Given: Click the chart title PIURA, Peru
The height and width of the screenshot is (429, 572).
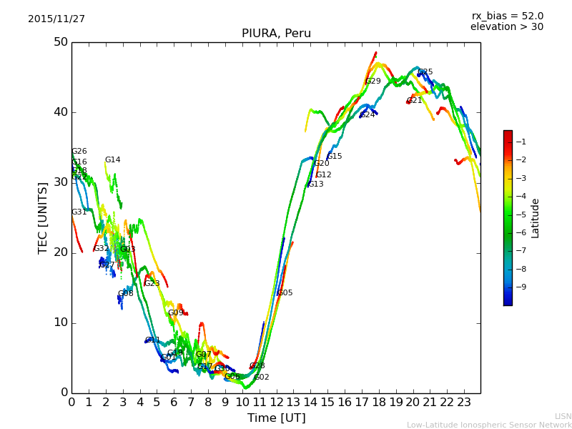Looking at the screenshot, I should (276, 34).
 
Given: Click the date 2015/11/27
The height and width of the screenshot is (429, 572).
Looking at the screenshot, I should (56, 19).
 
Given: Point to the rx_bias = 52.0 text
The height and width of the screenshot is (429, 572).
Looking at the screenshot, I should (507, 16).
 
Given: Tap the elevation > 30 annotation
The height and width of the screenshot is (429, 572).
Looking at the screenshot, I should (506, 27).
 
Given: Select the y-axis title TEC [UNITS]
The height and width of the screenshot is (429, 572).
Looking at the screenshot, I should (43, 217).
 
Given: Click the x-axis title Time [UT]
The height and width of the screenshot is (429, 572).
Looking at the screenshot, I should (276, 418).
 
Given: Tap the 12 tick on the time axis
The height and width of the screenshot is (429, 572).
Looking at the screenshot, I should (276, 402).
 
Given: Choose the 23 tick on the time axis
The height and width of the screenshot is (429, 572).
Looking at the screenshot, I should (464, 402).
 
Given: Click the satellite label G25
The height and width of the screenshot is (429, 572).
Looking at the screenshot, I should (425, 72).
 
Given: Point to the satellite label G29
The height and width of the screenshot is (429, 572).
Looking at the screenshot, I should (373, 82).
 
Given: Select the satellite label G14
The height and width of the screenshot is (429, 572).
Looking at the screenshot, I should (113, 160).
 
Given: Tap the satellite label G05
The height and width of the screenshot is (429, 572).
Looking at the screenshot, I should (285, 293).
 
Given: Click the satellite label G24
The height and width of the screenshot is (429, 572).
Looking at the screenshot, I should (368, 115).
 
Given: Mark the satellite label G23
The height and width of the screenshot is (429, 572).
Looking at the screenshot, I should (152, 284).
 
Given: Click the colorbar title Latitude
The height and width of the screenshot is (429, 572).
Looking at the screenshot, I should (536, 217).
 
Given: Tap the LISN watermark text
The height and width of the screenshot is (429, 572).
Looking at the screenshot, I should (563, 416).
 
